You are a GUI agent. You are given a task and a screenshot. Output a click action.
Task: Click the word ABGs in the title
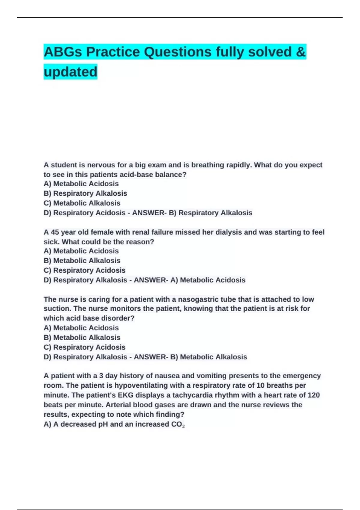pos(62,52)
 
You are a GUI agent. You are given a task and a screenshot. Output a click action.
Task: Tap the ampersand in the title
pos(301,52)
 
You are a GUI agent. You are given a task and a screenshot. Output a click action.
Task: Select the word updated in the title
pos(70,72)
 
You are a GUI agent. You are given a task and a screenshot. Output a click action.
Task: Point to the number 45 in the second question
pos(55,232)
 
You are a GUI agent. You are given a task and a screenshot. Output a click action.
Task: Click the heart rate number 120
pos(313,395)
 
